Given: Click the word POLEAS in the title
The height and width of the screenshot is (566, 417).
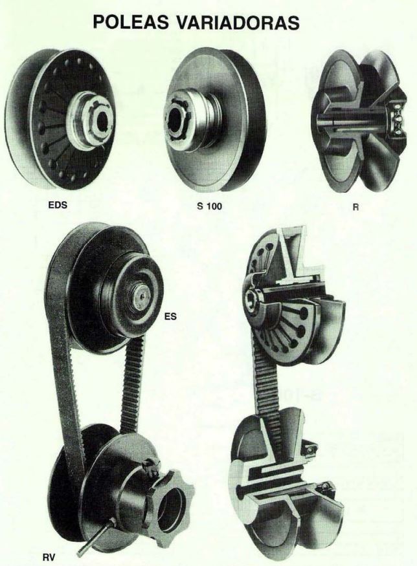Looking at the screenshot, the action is tap(130, 22).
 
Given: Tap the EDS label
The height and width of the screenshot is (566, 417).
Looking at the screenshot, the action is tap(58, 205).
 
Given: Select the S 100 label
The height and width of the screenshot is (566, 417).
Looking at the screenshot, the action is tap(210, 206).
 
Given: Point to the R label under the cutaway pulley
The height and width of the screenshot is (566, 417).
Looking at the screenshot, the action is tap(356, 208).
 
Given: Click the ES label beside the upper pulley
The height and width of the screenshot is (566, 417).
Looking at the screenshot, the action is tap(170, 316).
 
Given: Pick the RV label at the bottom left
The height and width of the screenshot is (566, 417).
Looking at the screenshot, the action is tap(49, 558).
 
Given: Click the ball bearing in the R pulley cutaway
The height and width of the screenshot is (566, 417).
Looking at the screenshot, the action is tap(396, 117).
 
